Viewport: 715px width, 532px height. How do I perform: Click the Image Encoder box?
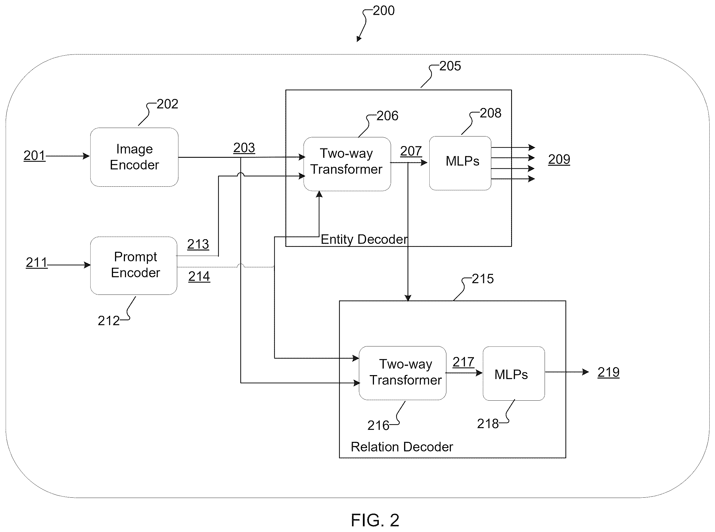(134, 157)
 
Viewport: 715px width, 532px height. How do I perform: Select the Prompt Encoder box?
(134, 266)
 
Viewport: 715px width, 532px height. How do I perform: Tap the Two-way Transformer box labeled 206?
(347, 164)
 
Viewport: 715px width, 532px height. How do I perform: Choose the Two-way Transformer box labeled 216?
(402, 373)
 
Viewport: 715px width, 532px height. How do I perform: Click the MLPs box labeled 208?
(460, 163)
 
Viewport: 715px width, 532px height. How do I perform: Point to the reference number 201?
(34, 155)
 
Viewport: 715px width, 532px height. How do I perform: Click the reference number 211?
(37, 262)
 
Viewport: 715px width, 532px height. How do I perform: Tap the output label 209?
(559, 159)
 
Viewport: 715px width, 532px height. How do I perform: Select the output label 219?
(608, 372)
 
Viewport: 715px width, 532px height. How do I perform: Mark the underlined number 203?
(244, 148)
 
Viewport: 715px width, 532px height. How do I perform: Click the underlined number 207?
(411, 151)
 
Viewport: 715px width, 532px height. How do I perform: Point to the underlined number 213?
(198, 244)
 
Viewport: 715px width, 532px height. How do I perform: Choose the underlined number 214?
(199, 276)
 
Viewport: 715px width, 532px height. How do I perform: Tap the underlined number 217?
(463, 362)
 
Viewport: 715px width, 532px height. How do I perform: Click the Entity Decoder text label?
(364, 239)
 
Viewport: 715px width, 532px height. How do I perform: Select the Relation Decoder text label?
(402, 447)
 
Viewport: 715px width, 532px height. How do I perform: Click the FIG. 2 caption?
(375, 520)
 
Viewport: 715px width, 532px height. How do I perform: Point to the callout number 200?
(383, 10)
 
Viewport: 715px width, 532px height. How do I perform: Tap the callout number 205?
(450, 66)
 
